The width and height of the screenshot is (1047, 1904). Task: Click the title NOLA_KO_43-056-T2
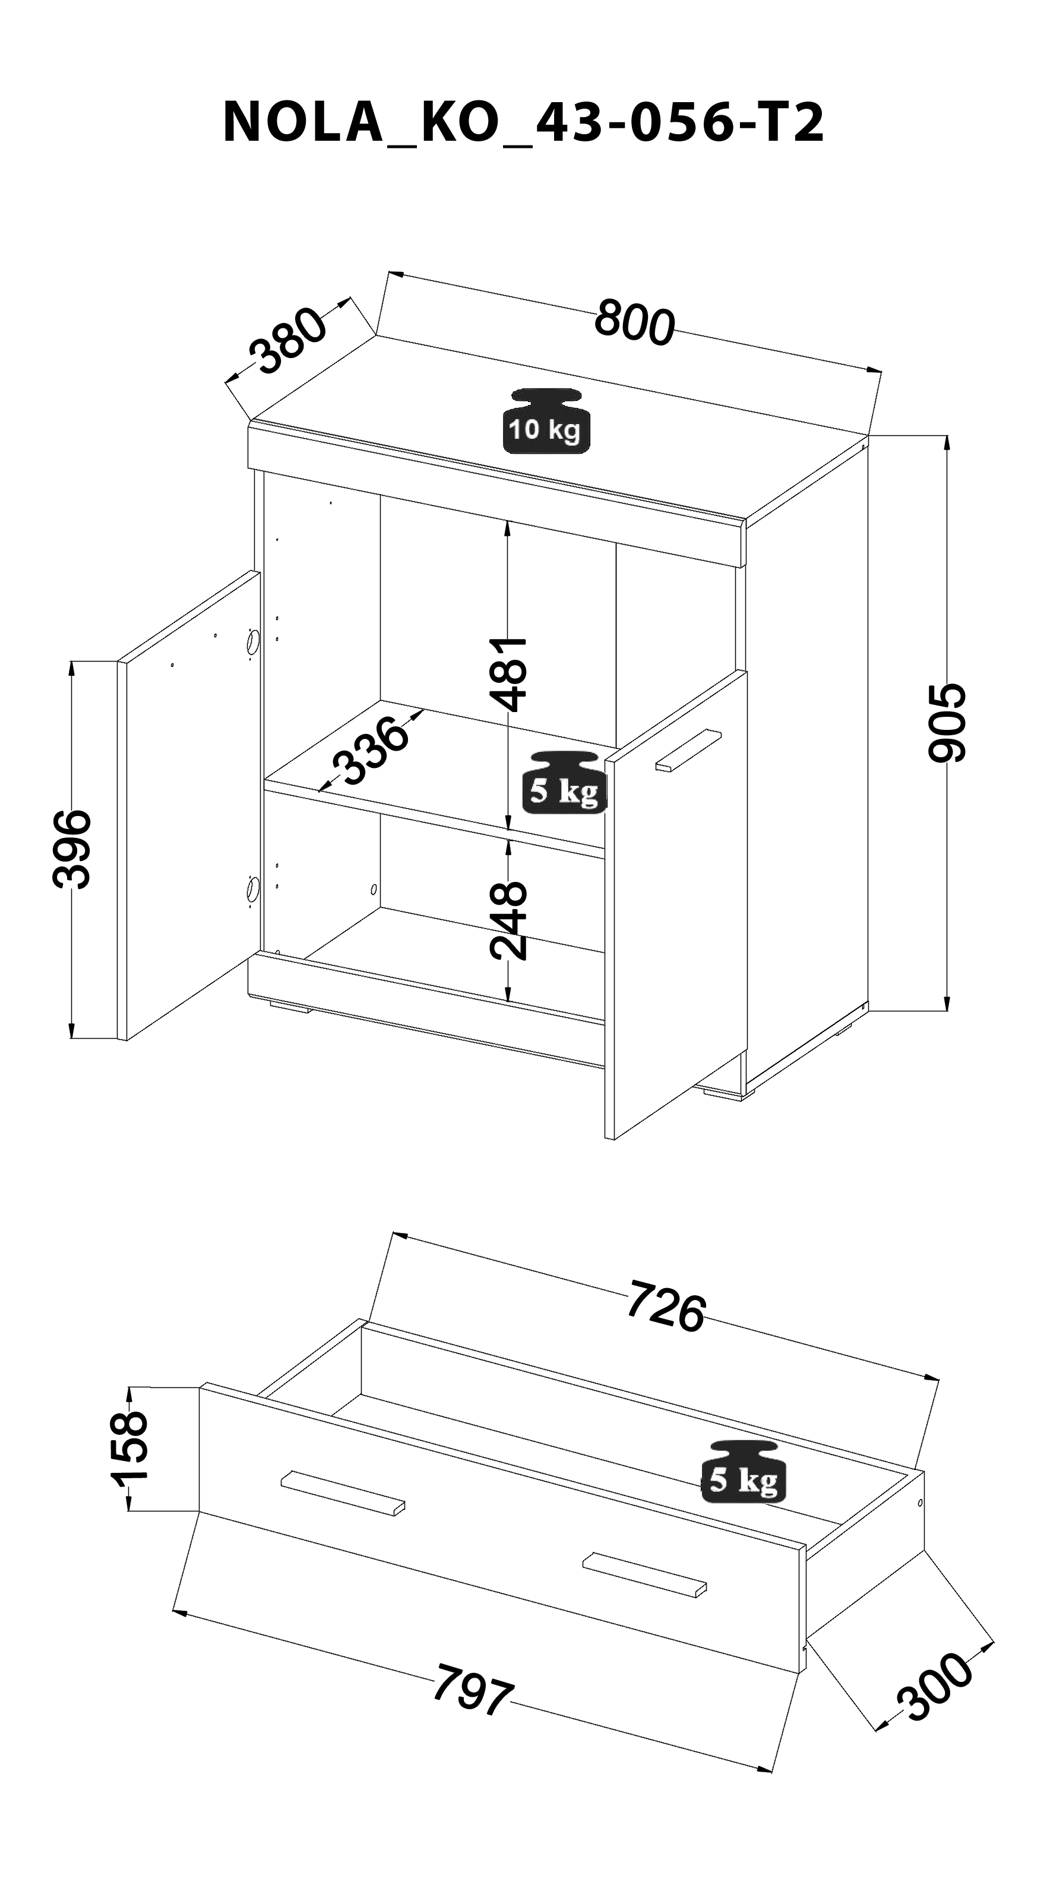pos(523,123)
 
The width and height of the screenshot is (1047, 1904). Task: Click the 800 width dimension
pos(635,322)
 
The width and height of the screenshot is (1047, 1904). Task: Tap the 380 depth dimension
pos(287,341)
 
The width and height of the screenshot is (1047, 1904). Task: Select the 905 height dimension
pos(947,722)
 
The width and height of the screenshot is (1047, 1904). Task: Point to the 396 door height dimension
pos(72,849)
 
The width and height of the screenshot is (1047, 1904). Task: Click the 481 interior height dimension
pos(509,673)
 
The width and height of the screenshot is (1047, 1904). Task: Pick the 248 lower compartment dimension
pos(509,920)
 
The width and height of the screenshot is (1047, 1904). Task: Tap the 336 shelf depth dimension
pos(369,751)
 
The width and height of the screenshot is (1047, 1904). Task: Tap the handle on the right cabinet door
pos(688,751)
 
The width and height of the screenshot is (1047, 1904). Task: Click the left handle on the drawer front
pos(343,1492)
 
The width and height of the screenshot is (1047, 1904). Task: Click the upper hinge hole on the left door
pos(253,641)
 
